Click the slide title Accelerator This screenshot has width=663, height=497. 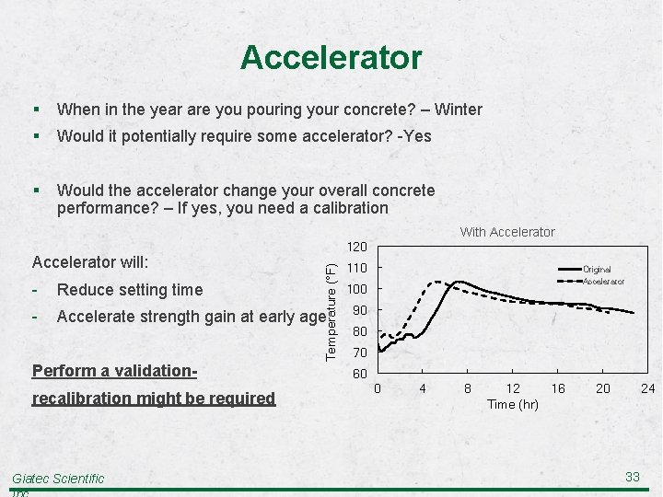pos(331,58)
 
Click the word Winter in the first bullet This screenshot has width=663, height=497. pos(458,110)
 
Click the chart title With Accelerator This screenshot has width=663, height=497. pos(507,232)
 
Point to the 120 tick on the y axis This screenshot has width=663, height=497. pos(357,247)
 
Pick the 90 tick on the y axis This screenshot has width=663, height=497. pos(359,310)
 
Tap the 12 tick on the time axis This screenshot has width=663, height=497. pos(513,388)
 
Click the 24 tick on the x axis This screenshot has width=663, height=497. pos(647,388)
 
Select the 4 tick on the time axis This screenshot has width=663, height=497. pos(423,388)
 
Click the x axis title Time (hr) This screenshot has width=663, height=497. pos(513,405)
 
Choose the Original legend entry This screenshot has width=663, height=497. pos(597,270)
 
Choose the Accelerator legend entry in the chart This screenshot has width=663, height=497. pos(603,282)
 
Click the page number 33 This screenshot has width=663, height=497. pos(632,476)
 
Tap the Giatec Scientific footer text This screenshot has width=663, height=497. pos(58,478)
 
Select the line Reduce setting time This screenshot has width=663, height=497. pos(129,290)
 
